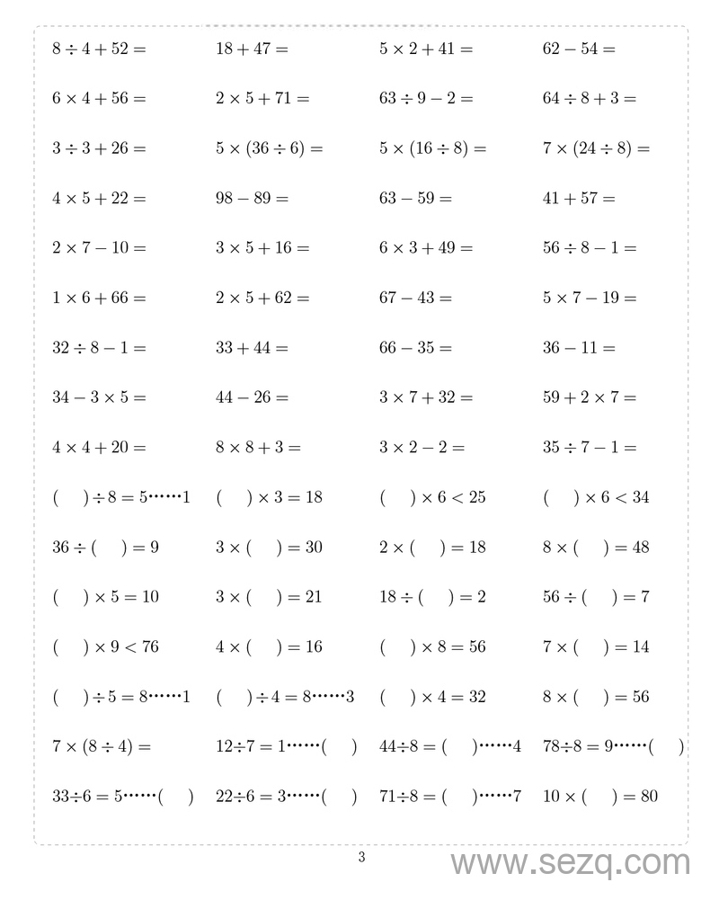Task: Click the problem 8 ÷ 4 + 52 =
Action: tap(99, 49)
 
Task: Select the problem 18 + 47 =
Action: tap(252, 49)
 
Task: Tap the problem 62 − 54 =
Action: tap(579, 49)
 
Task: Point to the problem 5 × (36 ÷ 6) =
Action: tap(269, 148)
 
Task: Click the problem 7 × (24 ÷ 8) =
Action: tap(596, 148)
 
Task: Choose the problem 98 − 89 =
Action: tap(252, 198)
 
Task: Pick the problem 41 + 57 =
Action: tap(579, 198)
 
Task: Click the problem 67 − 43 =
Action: tap(415, 298)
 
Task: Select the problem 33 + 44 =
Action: tap(252, 347)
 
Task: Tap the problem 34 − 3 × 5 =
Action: tap(99, 397)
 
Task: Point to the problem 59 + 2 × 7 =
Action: tap(589, 397)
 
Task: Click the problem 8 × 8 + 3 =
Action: tap(258, 447)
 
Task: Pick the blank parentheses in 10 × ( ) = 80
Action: tap(600, 796)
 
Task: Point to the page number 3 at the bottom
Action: tap(361, 857)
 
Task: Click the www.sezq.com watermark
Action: tap(570, 863)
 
